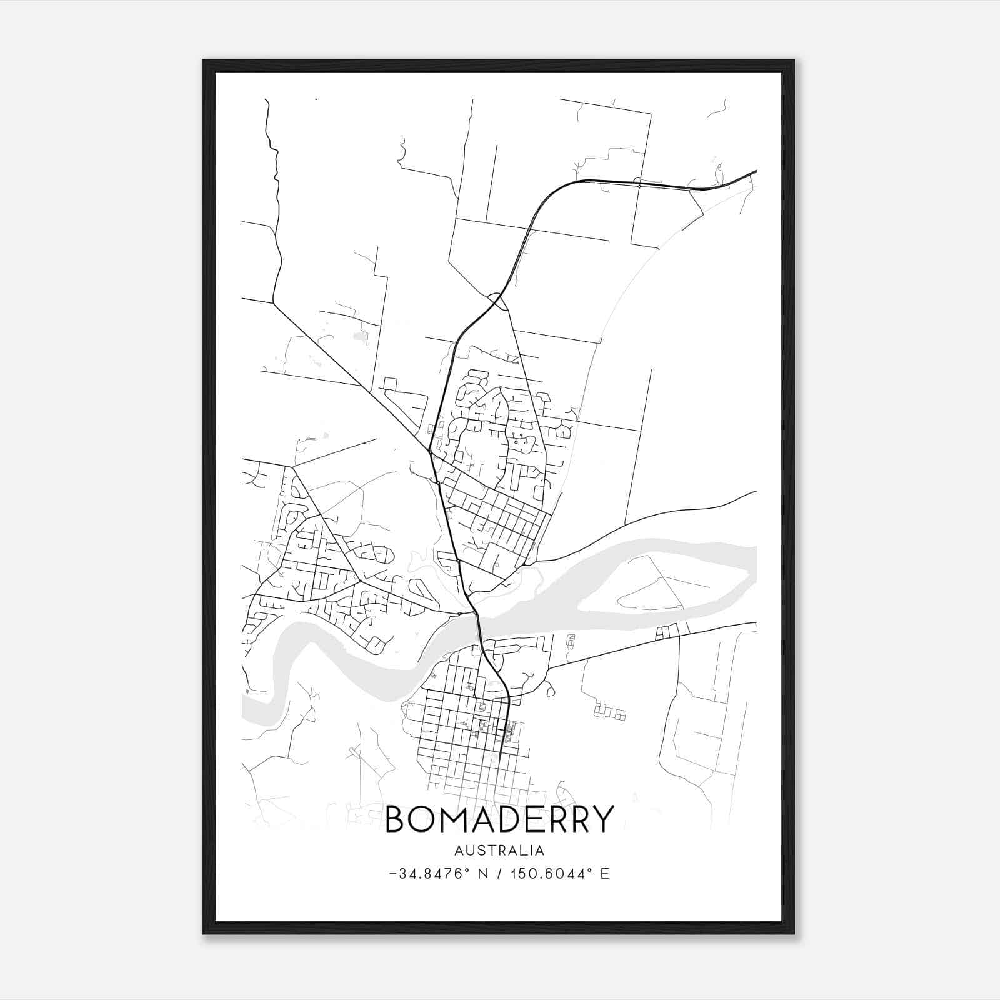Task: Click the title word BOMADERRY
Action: pos(499,819)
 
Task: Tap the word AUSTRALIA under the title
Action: pos(499,851)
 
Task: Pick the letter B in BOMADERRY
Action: pos(396,819)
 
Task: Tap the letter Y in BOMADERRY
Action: pos(603,819)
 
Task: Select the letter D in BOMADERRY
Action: pos(512,819)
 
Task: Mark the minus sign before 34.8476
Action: pos(392,874)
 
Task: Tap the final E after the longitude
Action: pos(605,874)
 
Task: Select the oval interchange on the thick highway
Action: pos(497,301)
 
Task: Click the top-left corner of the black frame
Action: pos(204,61)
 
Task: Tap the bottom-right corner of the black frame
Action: pos(793,933)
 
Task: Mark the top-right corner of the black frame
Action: pos(793,61)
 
